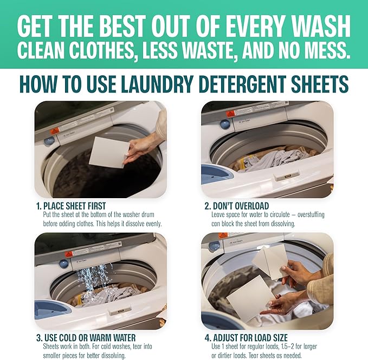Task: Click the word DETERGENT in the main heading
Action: point(240,84)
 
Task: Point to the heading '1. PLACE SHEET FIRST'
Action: point(70,206)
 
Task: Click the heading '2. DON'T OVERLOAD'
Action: point(237,206)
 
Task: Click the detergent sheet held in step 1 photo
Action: point(109,151)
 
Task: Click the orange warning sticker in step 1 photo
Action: point(55,130)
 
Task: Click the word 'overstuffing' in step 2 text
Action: point(309,215)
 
